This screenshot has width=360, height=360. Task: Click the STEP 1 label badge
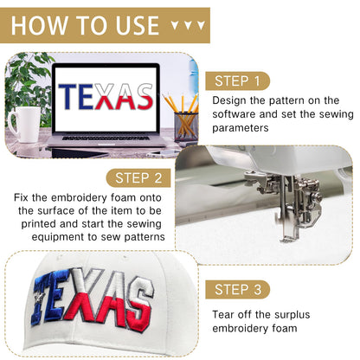pyautogui.click(x=237, y=81)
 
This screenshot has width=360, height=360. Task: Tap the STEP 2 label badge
pyautogui.click(x=138, y=178)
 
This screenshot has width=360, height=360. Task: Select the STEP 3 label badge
pyautogui.click(x=237, y=290)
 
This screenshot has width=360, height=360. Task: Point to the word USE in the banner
pyautogui.click(x=138, y=25)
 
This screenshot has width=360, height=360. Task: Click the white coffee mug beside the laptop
pyautogui.click(x=25, y=125)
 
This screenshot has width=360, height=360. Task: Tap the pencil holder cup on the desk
pyautogui.click(x=186, y=126)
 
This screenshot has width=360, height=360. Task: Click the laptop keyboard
pyautogui.click(x=106, y=138)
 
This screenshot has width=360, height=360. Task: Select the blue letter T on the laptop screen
pyautogui.click(x=67, y=96)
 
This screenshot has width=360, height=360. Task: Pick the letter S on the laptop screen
pyautogui.click(x=145, y=96)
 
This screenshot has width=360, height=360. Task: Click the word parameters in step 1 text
pyautogui.click(x=241, y=128)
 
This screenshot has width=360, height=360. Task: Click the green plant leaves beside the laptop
pyautogui.click(x=28, y=84)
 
